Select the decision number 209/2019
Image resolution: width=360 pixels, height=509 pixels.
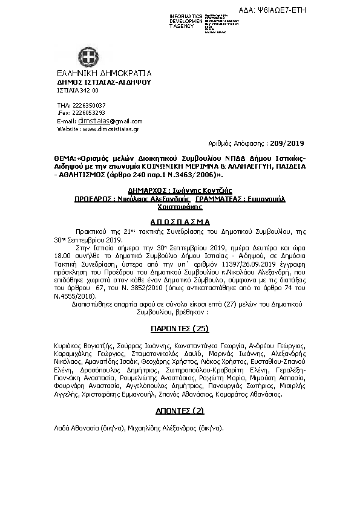click(289, 144)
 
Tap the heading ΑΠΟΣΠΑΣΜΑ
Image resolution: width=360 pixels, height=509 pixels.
click(180, 221)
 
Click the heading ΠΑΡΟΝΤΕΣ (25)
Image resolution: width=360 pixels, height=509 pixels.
click(180, 328)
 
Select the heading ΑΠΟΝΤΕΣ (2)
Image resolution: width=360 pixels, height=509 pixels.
click(180, 409)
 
